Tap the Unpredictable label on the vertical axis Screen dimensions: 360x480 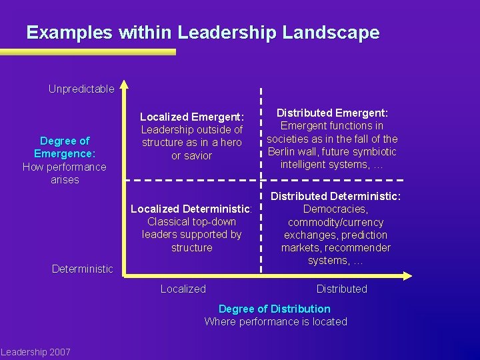coord(81,89)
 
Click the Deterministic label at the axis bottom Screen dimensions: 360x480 coord(83,269)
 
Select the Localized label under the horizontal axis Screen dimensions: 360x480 coord(183,289)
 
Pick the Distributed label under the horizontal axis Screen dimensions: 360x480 coord(341,289)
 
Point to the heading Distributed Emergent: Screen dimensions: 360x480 coord(332,113)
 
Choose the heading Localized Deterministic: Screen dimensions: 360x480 coord(191,209)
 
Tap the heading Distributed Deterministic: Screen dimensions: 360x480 coord(335,196)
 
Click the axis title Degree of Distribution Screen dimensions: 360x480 coord(275,309)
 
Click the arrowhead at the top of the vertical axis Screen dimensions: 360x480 coord(125,86)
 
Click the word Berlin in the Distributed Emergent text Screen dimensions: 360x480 coord(283,151)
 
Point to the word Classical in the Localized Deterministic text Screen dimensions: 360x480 coord(169,221)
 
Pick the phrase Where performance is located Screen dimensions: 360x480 coord(275,321)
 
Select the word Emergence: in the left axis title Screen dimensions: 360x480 coord(65,153)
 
